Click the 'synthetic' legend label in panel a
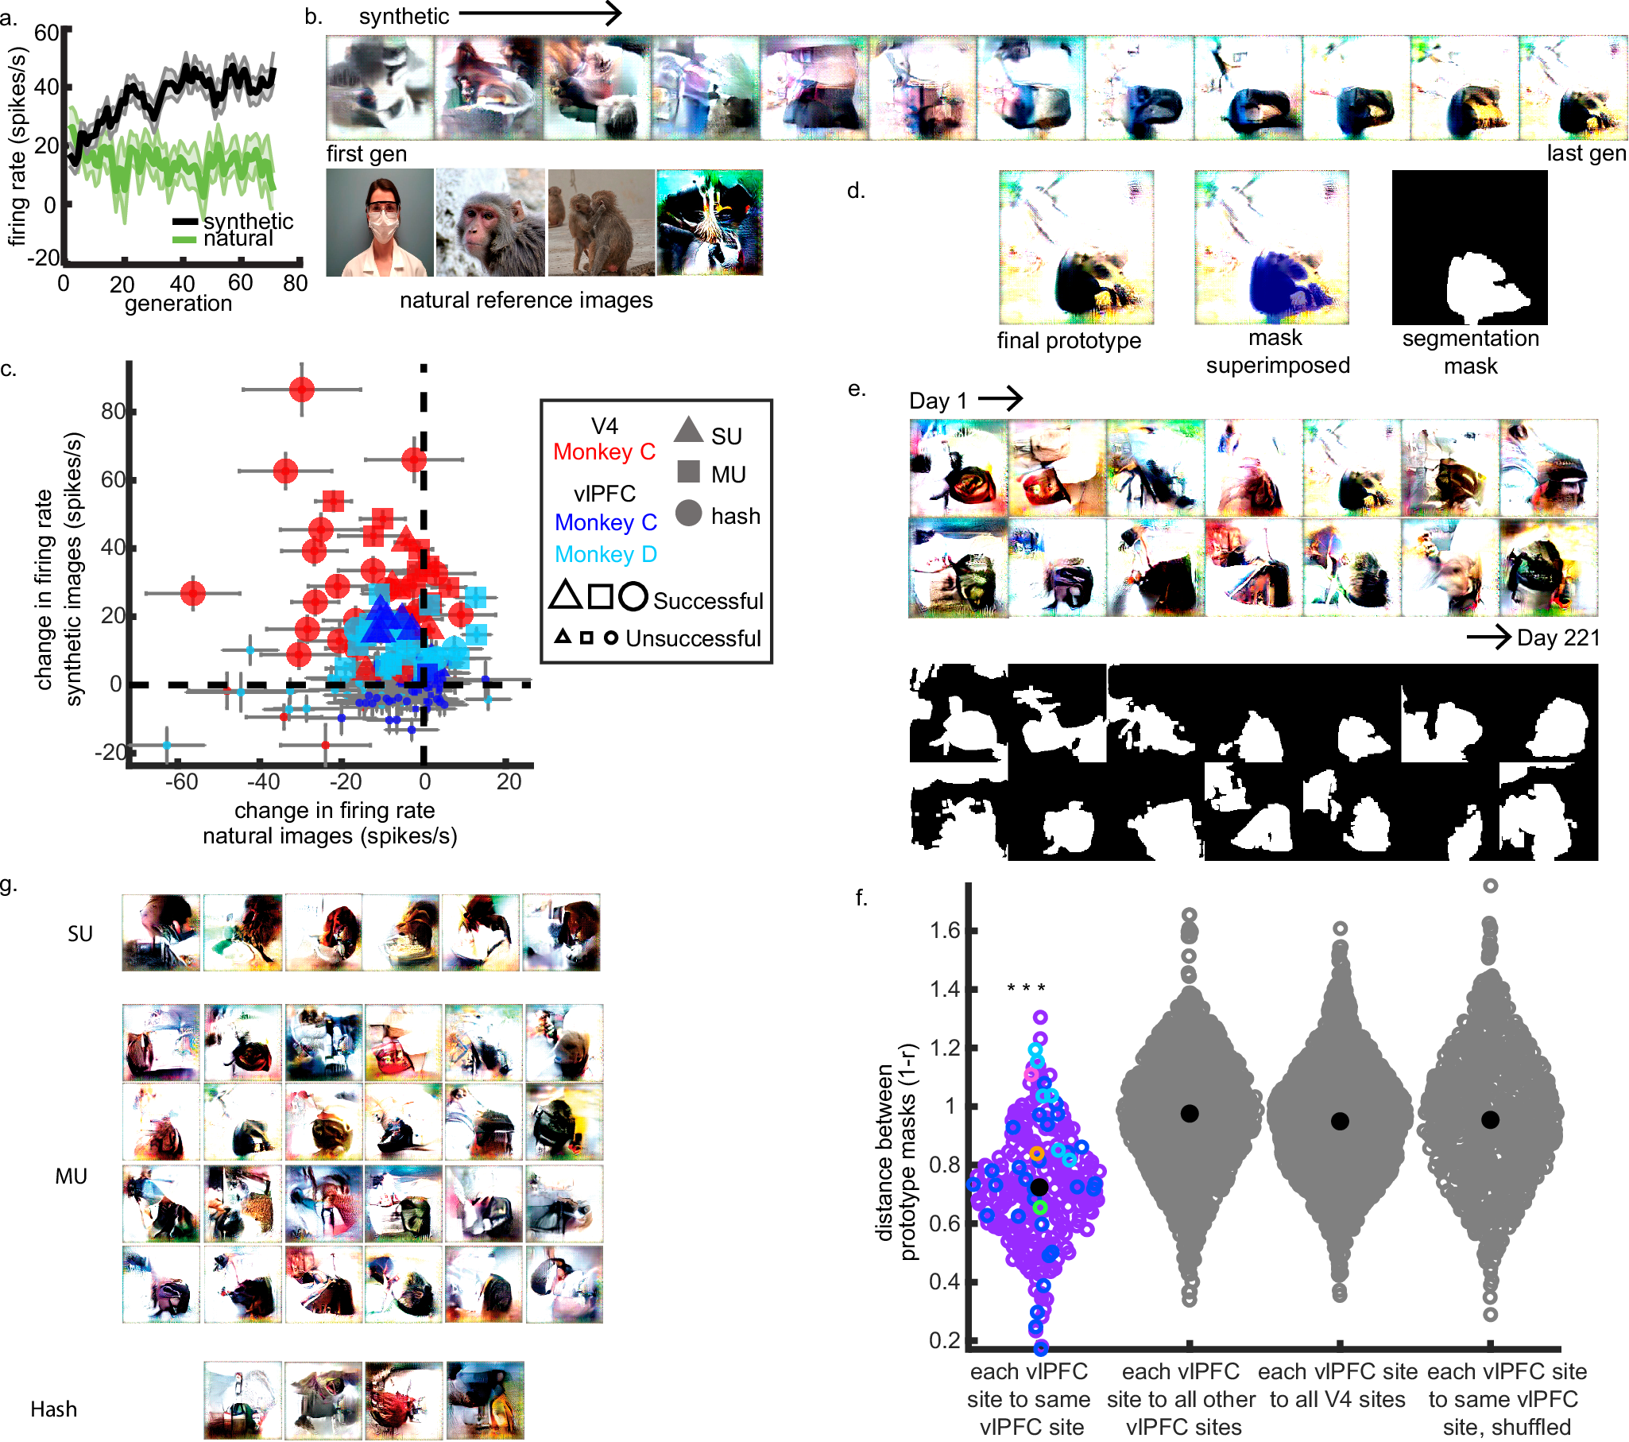tap(248, 221)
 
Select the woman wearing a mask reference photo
tap(380, 223)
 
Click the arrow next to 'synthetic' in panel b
tap(540, 13)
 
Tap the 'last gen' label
tap(1585, 153)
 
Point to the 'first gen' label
tap(366, 154)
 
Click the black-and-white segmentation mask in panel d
tap(1468, 247)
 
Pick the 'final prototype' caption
tap(1068, 341)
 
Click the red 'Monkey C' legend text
tap(604, 452)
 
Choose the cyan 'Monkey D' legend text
tap(605, 554)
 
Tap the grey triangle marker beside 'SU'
tap(688, 430)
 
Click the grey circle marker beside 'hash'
tap(689, 514)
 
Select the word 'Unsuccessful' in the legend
tap(693, 638)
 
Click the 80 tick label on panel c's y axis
tap(113, 411)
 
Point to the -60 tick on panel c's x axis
tap(182, 782)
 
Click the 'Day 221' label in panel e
tap(1557, 638)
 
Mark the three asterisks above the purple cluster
tap(1026, 988)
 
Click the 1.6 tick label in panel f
tap(944, 931)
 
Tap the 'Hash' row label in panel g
tap(54, 1409)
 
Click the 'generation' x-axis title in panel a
tap(179, 304)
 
